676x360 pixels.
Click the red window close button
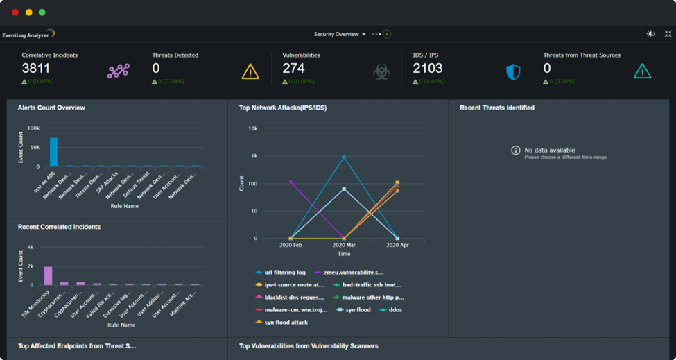pos(15,12)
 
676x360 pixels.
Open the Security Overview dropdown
pos(340,34)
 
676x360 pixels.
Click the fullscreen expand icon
pos(668,34)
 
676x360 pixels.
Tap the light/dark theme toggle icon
pos(650,34)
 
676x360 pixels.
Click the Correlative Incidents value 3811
pos(36,68)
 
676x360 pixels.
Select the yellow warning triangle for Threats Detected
pos(250,71)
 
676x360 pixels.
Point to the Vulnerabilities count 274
pos(294,68)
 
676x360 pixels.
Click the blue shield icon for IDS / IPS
pos(513,71)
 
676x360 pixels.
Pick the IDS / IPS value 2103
pos(428,68)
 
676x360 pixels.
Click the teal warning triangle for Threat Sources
pos(642,71)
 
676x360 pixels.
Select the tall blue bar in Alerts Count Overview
pos(53,152)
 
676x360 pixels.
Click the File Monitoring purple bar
pos(48,275)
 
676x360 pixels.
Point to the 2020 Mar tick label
pos(344,246)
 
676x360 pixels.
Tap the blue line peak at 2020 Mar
pos(344,157)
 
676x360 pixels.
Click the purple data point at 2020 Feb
pos(291,182)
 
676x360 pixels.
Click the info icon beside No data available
pos(515,151)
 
